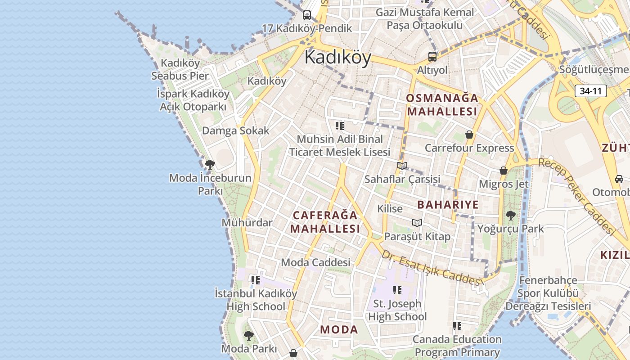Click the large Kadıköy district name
(337, 58)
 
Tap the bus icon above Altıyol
(432, 57)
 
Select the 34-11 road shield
(590, 91)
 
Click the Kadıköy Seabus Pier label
(180, 69)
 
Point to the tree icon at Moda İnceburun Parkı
(210, 165)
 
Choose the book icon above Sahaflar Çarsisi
(402, 166)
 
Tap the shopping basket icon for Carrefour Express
(469, 135)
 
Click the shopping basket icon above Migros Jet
(504, 171)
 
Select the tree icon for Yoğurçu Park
(510, 216)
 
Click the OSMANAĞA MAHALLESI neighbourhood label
(441, 104)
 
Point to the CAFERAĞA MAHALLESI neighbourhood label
(325, 222)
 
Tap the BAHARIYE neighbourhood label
(448, 205)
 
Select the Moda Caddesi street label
(315, 262)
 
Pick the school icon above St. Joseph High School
(397, 291)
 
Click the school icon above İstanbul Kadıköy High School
(256, 281)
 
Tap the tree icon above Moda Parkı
(248, 335)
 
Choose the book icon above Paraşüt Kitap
(417, 223)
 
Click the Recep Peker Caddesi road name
(577, 196)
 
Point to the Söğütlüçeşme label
(593, 70)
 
